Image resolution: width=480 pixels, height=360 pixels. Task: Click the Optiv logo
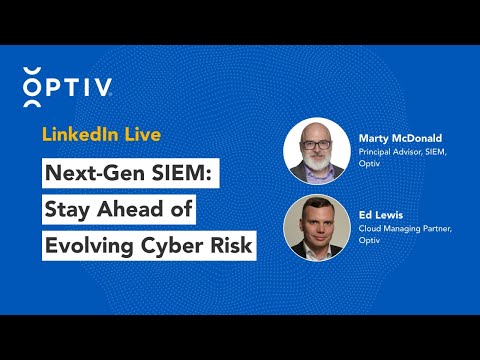tap(66, 84)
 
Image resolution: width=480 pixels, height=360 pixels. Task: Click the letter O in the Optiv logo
tap(33, 85)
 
